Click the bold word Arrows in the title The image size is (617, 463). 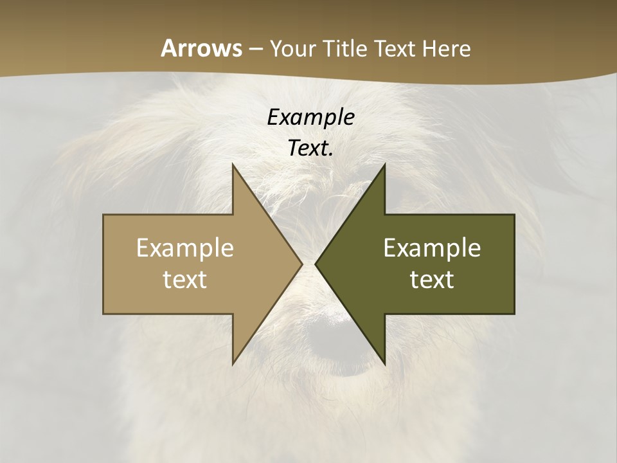click(201, 48)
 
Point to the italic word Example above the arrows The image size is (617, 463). click(310, 117)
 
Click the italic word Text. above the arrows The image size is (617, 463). click(310, 148)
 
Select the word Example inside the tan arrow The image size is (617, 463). click(185, 248)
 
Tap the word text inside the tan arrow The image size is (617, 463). click(185, 279)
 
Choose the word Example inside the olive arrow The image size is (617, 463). click(432, 248)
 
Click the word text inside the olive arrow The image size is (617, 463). click(432, 279)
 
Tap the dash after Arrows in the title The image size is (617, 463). click(255, 50)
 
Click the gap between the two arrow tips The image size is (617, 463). click(309, 264)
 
